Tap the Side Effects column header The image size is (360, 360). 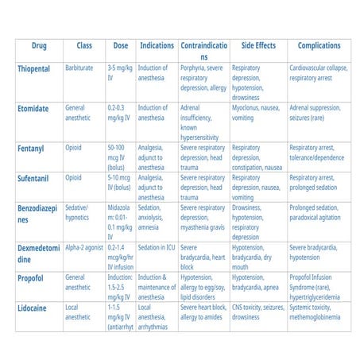256,45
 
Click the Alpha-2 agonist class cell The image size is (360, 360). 83,247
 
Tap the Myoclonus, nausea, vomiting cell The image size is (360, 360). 256,112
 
